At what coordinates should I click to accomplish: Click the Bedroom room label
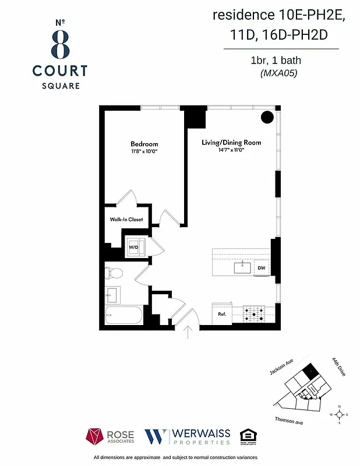coord(144,144)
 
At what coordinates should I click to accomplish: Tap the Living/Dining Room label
coord(231,143)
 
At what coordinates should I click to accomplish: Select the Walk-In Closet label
coord(126,220)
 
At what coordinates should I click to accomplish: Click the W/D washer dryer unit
coord(134,246)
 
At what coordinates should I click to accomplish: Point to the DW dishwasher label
coord(262,268)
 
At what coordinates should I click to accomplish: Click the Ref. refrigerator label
coord(222,314)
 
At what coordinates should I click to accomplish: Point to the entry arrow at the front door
coord(188,332)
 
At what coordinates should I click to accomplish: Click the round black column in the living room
coord(266,117)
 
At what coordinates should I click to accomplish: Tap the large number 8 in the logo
coord(60,43)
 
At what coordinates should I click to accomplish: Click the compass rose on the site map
coord(339,415)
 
